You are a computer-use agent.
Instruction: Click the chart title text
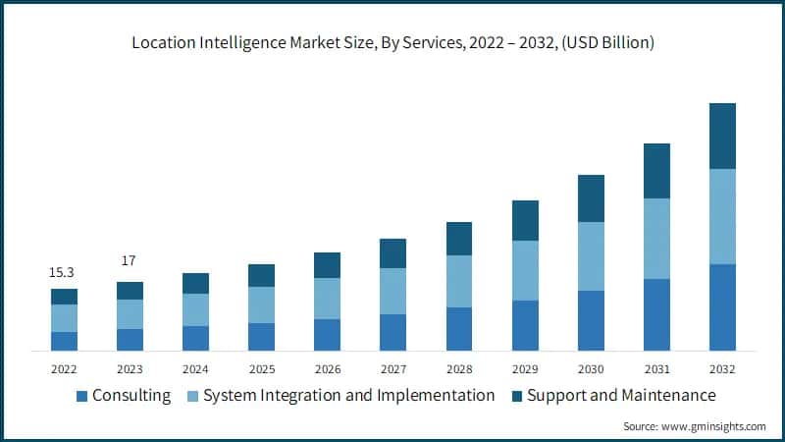pos(392,43)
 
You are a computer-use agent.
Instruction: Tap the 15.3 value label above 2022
pos(64,271)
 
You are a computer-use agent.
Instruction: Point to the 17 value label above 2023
pos(130,261)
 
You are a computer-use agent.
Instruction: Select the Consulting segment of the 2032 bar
pos(722,307)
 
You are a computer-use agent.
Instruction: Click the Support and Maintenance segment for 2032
pos(722,137)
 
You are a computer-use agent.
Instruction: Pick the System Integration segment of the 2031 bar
pos(656,239)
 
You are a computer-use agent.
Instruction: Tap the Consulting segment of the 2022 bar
pos(64,341)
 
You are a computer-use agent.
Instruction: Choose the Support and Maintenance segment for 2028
pos(459,239)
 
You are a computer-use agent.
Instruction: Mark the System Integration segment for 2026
pos(327,299)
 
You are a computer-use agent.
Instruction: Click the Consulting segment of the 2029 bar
pos(525,325)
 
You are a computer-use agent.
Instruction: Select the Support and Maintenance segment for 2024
pos(195,283)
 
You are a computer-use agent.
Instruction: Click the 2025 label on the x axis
pos(261,369)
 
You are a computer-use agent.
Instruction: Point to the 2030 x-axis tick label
pos(591,369)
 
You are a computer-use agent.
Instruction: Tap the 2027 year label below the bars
pos(392,369)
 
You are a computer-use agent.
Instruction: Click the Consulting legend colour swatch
pos(81,396)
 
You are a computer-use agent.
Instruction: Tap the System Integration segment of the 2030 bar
pos(591,256)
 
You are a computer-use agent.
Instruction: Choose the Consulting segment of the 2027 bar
pos(392,332)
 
